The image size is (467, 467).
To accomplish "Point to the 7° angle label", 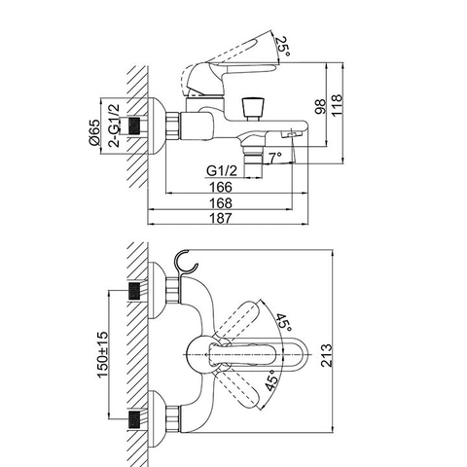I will point(275,156).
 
